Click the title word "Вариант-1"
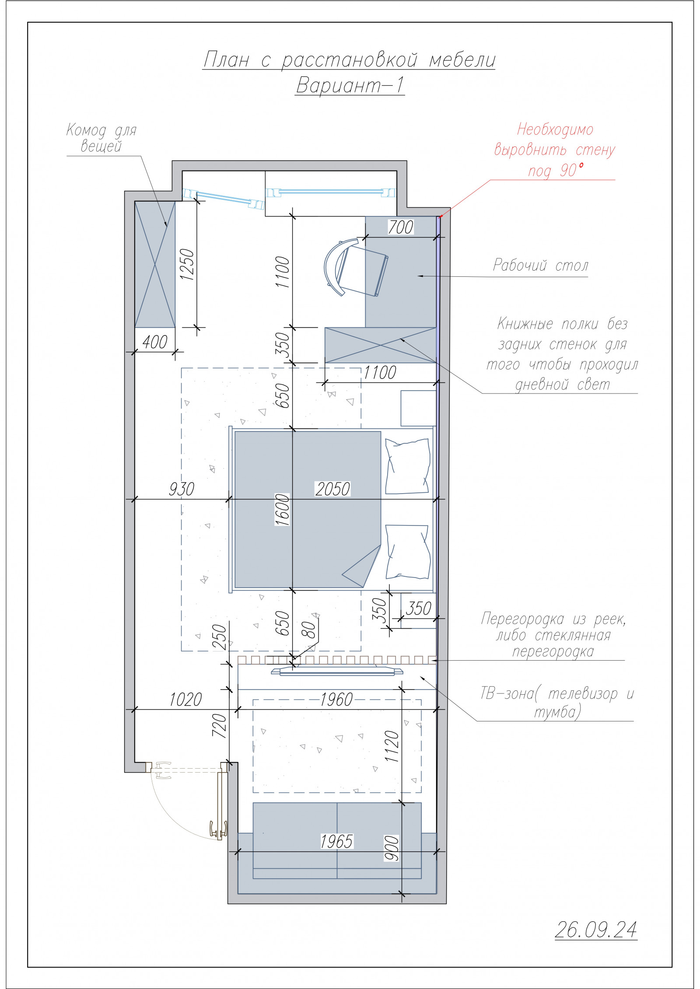click(350, 85)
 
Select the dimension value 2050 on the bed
click(332, 489)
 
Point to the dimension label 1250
click(187, 265)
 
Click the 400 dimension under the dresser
click(155, 342)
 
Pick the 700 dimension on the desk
click(400, 227)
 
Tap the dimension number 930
click(182, 489)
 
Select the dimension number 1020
click(185, 700)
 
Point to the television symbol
click(337, 671)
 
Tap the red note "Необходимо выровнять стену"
click(555, 140)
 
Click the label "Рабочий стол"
click(541, 265)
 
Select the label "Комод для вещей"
click(101, 138)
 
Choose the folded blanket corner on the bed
click(361, 567)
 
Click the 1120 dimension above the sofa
click(392, 746)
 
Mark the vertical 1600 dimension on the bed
click(283, 509)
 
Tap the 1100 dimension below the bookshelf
click(380, 373)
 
